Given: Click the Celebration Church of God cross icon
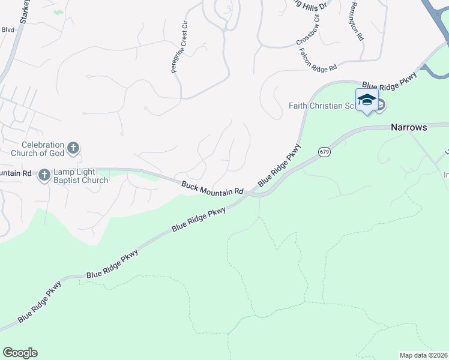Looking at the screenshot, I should [x=73, y=148].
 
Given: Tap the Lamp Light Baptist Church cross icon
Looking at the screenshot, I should [x=44, y=175].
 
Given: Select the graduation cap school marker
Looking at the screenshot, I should [x=366, y=100].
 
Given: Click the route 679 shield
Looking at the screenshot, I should [x=324, y=152].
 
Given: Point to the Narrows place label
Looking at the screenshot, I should [x=409, y=127].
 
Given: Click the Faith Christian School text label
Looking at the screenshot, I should [x=322, y=106].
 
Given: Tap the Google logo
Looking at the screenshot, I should [x=20, y=353].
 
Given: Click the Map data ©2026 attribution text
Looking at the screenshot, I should [x=423, y=355].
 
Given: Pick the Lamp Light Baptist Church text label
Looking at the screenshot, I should [x=80, y=176].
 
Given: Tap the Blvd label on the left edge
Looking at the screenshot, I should [x=7, y=29].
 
